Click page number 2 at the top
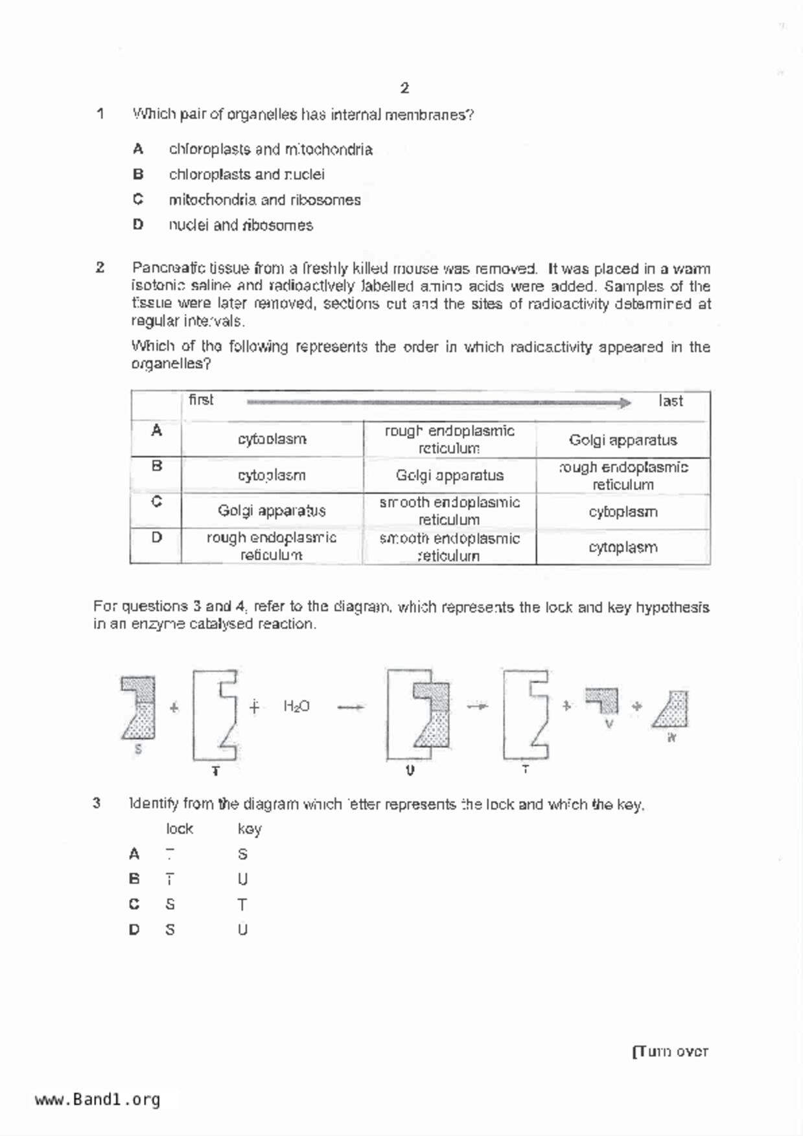pos(404,88)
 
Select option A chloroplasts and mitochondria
pos(270,150)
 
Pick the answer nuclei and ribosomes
pos(240,225)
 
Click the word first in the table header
pos(201,400)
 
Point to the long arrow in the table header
pos(438,403)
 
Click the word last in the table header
pos(670,401)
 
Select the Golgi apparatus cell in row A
pos(623,440)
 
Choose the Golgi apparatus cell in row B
pos(449,475)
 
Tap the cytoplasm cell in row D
pos(623,547)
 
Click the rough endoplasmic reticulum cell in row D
pos(271,546)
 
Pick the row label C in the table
pos(156,502)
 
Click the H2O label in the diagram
pos(296,707)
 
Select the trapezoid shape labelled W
pos(671,710)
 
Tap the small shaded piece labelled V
pos(602,701)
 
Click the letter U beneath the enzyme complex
pos(410,770)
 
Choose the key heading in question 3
pos(249,829)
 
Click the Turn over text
pos(670,1052)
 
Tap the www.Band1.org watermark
pos(98,1100)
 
